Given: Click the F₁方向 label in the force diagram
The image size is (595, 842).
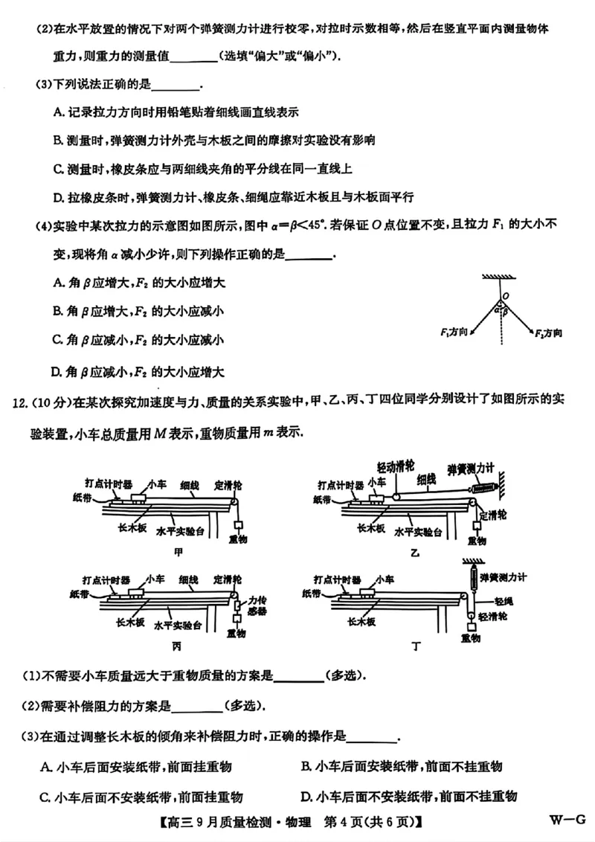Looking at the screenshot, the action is (x=454, y=330).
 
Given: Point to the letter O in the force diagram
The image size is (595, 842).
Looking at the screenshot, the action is (x=505, y=296).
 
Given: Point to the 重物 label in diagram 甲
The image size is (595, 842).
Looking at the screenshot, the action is (x=238, y=537).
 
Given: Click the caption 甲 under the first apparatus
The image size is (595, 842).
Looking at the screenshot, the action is (x=177, y=552).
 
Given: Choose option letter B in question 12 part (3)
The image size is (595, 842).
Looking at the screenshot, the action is (x=306, y=767).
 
